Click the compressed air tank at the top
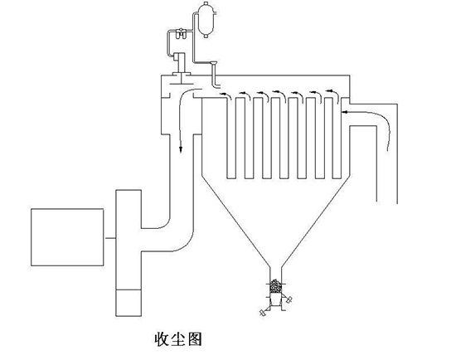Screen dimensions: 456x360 (x=206, y=20)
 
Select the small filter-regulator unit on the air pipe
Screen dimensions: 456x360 (x=181, y=33)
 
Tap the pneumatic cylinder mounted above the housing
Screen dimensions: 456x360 (x=180, y=63)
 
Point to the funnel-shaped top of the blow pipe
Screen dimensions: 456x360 (x=213, y=62)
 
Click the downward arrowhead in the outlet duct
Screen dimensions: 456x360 (x=181, y=149)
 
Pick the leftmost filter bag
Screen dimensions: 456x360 (x=231, y=138)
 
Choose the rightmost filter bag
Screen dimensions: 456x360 (x=337, y=138)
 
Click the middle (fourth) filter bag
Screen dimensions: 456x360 (x=284, y=138)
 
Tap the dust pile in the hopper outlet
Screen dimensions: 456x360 (x=275, y=286)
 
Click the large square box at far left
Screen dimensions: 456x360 (x=67, y=237)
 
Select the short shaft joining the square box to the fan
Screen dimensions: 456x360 (x=109, y=238)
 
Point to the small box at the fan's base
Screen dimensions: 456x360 (x=129, y=303)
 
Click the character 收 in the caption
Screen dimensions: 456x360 (x=162, y=339)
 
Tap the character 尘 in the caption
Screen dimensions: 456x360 (x=178, y=339)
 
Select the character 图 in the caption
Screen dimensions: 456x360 (x=195, y=339)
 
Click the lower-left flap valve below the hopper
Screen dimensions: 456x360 (x=263, y=313)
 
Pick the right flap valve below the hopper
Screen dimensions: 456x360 (x=289, y=299)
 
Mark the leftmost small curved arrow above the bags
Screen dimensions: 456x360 (x=226, y=95)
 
